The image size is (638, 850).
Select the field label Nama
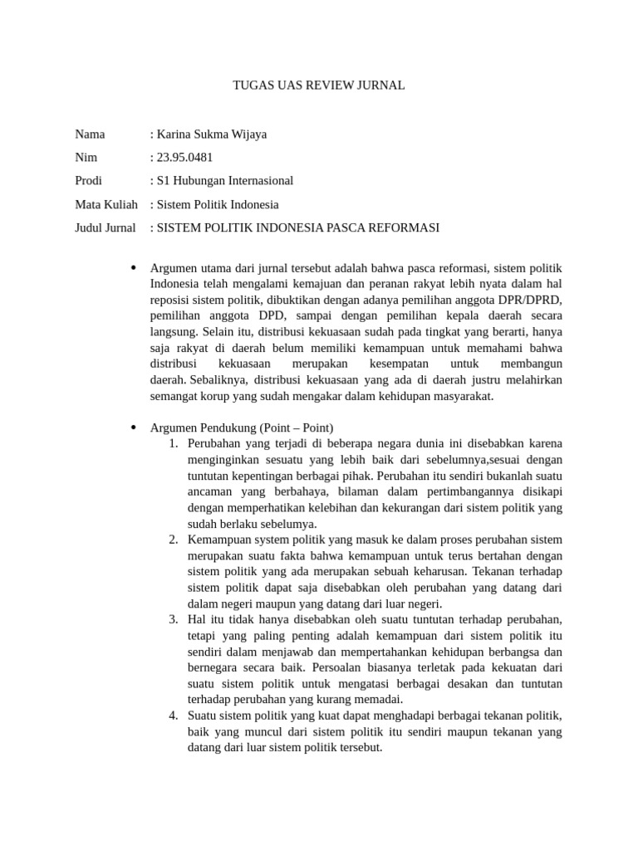pyautogui.click(x=91, y=134)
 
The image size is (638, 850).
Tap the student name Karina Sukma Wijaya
pyautogui.click(x=209, y=134)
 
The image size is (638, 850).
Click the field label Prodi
pyautogui.click(x=90, y=180)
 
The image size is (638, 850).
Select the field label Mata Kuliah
pyautogui.click(x=106, y=204)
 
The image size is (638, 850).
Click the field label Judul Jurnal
pyautogui.click(x=106, y=227)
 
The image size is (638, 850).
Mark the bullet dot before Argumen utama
pyautogui.click(x=133, y=268)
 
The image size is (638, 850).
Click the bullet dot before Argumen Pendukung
pyautogui.click(x=133, y=427)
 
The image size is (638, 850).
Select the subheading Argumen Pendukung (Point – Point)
pyautogui.click(x=242, y=427)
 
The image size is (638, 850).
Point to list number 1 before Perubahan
pyautogui.click(x=174, y=444)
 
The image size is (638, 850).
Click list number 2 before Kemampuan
pyautogui.click(x=174, y=540)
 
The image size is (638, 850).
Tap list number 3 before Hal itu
pyautogui.click(x=174, y=619)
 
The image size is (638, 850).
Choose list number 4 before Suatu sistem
pyautogui.click(x=174, y=716)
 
